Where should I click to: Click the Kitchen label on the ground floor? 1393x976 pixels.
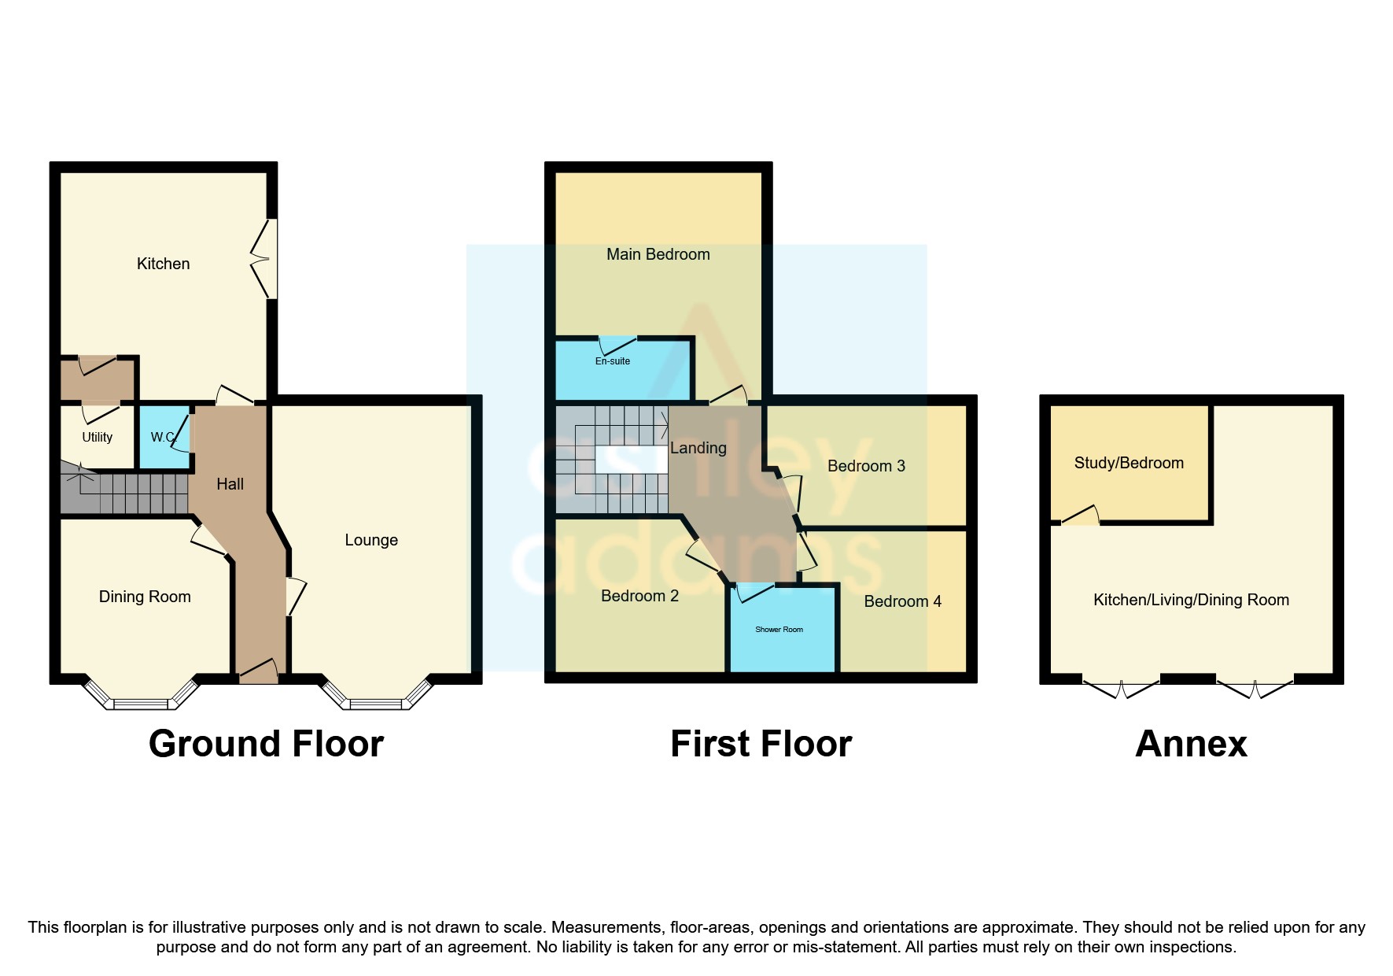163,264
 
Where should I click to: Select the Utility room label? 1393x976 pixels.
97,437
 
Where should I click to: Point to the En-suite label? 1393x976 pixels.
612,361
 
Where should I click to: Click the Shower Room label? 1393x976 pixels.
779,630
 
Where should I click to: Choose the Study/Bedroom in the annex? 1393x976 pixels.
1129,463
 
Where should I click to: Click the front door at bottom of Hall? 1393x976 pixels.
259,671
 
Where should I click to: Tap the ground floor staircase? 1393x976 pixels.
126,493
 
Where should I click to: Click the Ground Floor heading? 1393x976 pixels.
266,744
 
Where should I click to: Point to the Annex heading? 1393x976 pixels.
1191,744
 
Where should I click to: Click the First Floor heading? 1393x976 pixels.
761,744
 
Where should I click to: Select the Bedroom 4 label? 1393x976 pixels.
902,601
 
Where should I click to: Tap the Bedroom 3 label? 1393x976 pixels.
866,466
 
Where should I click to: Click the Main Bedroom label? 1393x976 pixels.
658,254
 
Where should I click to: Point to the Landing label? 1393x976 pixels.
698,448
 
